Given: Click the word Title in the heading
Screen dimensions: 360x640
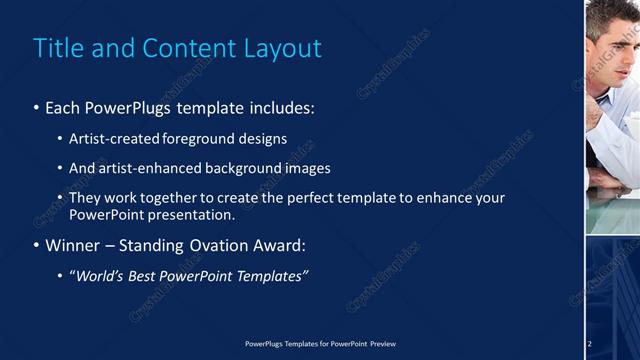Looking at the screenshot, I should pyautogui.click(x=58, y=48).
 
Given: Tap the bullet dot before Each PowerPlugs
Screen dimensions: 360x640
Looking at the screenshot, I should pyautogui.click(x=37, y=108).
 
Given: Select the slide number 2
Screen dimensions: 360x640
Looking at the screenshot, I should pyautogui.click(x=590, y=344).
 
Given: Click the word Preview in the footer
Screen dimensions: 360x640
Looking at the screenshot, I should pyautogui.click(x=383, y=344).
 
